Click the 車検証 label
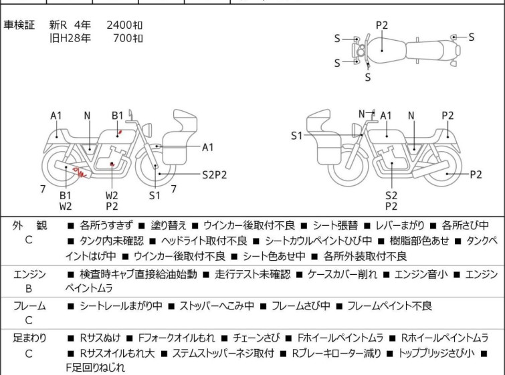click(x=19, y=25)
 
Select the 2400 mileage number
click(x=120, y=25)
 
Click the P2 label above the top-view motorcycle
click(x=381, y=25)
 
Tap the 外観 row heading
click(x=29, y=225)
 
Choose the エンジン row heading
click(x=29, y=273)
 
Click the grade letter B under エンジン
click(x=29, y=289)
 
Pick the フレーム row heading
click(x=29, y=305)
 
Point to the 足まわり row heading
click(x=29, y=338)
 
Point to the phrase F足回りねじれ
click(x=94, y=367)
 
